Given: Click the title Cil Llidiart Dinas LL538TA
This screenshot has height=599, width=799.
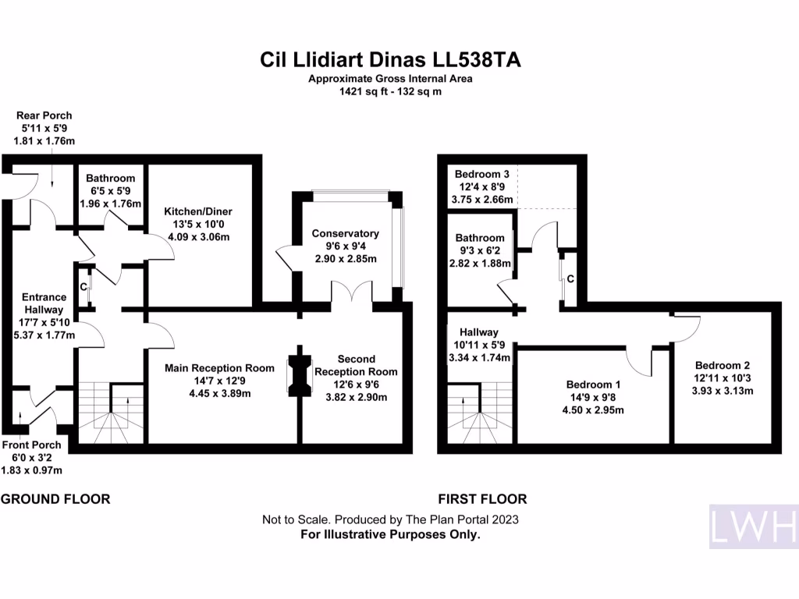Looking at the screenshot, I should click(390, 59).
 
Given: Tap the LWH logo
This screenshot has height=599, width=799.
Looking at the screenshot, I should click(753, 526).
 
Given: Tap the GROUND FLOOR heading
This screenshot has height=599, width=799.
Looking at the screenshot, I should click(55, 499).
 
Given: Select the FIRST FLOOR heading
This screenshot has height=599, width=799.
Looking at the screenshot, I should click(482, 499).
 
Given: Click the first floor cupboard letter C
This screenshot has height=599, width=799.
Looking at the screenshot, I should click(571, 278).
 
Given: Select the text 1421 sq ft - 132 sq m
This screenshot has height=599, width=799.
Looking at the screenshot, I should click(390, 91).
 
